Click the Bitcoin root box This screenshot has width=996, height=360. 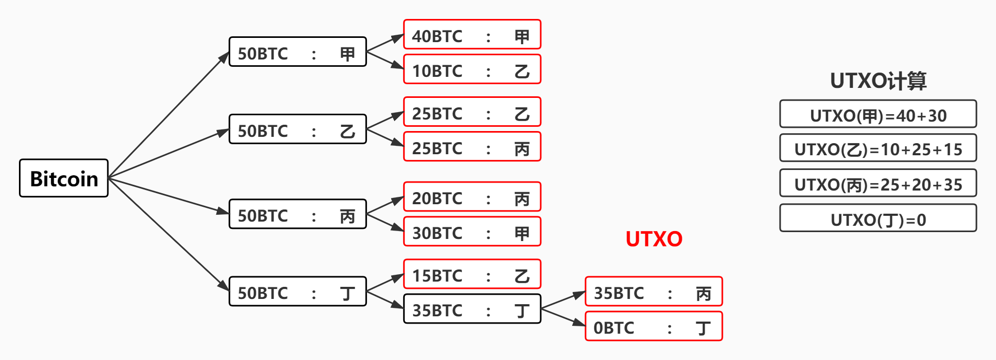point(64,178)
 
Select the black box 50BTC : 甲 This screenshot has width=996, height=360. point(297,52)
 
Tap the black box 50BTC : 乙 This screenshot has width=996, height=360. point(297,129)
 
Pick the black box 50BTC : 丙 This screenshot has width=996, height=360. point(297,214)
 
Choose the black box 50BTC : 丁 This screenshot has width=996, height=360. point(297,292)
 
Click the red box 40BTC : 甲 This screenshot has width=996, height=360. point(472,35)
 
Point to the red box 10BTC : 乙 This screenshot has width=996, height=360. point(472,69)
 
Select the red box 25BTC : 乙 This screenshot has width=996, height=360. point(472,112)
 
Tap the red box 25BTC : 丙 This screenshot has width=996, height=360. point(472,147)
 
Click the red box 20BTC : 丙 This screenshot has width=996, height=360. point(472,197)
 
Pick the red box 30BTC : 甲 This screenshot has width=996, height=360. point(472,232)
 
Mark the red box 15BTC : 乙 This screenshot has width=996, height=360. point(472,274)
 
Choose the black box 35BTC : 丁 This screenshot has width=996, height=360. point(472,309)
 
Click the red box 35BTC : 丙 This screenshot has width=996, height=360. point(654,292)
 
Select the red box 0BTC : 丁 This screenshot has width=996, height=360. point(654,326)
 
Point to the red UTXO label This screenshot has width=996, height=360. point(654,239)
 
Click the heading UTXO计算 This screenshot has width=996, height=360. point(878,81)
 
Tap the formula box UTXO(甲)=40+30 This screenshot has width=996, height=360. point(878,114)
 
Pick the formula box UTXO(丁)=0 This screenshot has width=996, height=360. point(878,218)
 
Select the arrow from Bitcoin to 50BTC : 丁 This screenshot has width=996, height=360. point(168,235)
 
